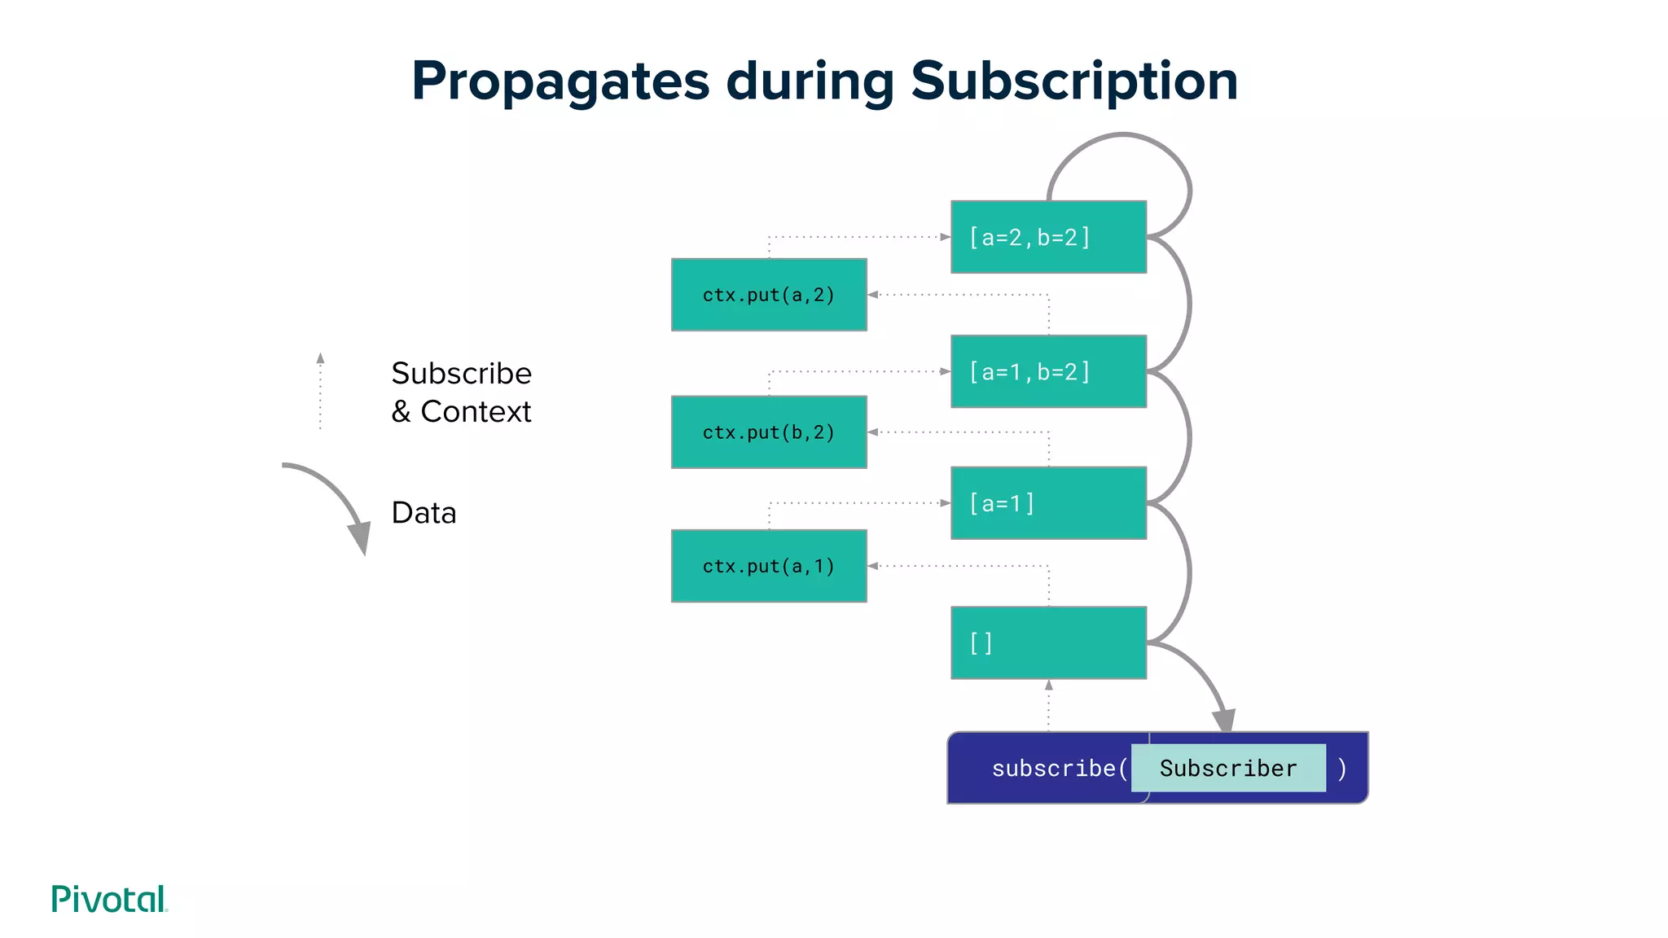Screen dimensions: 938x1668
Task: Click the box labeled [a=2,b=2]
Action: pyautogui.click(x=1048, y=237)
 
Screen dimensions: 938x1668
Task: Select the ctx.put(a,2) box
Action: pyautogui.click(x=769, y=295)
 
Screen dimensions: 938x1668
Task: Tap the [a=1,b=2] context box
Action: pyautogui.click(x=1048, y=371)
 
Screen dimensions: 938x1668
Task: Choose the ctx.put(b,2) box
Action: pyautogui.click(x=769, y=432)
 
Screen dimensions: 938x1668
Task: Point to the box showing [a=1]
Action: pyautogui.click(x=1048, y=503)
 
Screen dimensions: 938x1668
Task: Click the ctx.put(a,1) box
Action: pyautogui.click(x=769, y=566)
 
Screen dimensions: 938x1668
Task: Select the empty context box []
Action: pyautogui.click(x=1048, y=642)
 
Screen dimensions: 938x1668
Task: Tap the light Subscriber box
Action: pyautogui.click(x=1228, y=768)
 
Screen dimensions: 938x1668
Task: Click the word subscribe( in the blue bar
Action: pyautogui.click(x=1059, y=768)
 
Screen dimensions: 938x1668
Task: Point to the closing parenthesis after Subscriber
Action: pyautogui.click(x=1342, y=768)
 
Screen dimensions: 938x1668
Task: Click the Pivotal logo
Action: pyautogui.click(x=109, y=899)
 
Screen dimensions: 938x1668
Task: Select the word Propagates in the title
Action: pyautogui.click(x=560, y=81)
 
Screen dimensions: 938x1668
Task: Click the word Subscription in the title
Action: pyautogui.click(x=1074, y=81)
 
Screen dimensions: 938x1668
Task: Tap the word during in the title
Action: pyautogui.click(x=810, y=81)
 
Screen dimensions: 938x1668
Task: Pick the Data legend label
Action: pyautogui.click(x=424, y=513)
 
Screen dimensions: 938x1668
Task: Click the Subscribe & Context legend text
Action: pyautogui.click(x=461, y=392)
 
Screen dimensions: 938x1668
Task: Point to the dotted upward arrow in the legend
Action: pyautogui.click(x=320, y=391)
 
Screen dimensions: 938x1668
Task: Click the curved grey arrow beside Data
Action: pyautogui.click(x=334, y=501)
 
